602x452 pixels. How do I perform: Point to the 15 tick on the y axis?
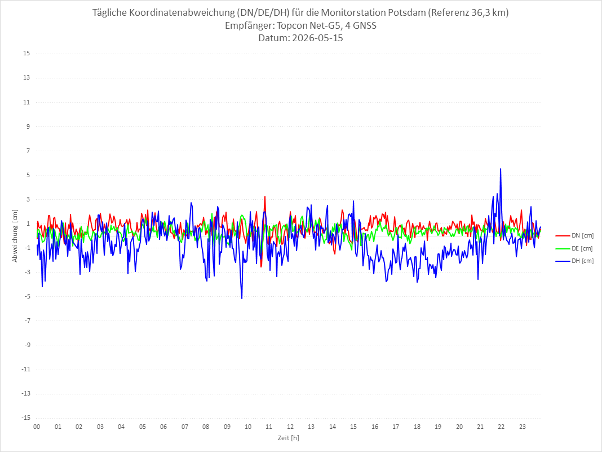click(x=26, y=54)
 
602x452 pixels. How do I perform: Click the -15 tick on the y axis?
click(x=26, y=418)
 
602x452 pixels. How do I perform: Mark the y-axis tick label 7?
click(x=28, y=151)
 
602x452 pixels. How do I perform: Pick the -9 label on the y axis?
click(x=27, y=345)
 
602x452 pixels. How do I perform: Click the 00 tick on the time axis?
click(x=37, y=427)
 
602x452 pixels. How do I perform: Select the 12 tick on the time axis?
click(x=290, y=427)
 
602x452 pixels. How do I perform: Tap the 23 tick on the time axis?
click(x=523, y=427)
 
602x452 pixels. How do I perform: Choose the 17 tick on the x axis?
click(x=396, y=427)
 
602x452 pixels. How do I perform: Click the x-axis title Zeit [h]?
click(x=289, y=438)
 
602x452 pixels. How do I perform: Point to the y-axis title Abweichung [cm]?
click(x=15, y=236)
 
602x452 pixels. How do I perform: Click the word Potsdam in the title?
click(x=406, y=12)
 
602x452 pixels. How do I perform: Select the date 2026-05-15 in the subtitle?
click(x=317, y=38)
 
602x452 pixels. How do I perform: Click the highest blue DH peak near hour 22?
click(x=501, y=169)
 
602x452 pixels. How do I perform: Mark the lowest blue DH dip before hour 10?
click(x=242, y=299)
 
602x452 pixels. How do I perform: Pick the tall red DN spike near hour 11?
click(x=265, y=197)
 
